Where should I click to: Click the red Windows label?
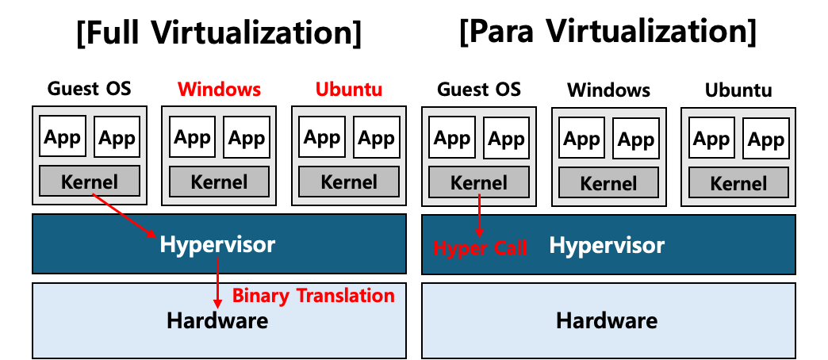[x=219, y=89]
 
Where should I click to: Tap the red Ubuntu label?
[x=349, y=89]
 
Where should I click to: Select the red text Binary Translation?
[x=313, y=296]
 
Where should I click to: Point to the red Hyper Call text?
[x=480, y=248]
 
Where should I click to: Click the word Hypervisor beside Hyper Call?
[x=607, y=245]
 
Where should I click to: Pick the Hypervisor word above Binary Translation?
[x=217, y=244]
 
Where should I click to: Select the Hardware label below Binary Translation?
[x=217, y=320]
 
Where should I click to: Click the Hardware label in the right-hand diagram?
[x=607, y=320]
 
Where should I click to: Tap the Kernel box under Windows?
[x=220, y=182]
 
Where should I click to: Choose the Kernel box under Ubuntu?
[x=349, y=182]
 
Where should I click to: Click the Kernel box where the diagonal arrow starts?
[x=90, y=182]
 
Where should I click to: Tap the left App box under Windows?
[x=192, y=137]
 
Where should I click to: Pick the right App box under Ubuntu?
[x=376, y=137]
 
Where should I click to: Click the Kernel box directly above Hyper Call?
[x=479, y=182]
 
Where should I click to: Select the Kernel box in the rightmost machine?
[x=738, y=183]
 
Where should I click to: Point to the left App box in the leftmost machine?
[x=63, y=137]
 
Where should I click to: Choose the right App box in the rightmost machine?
[x=765, y=139]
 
